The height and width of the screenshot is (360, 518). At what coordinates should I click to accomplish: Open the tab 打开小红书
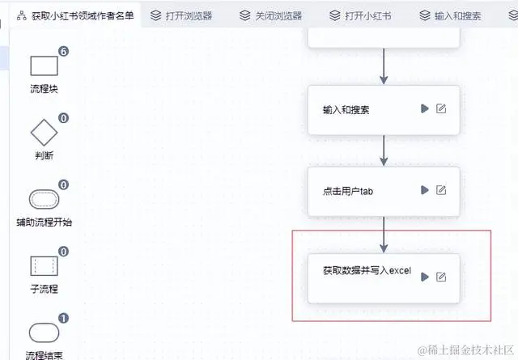pyautogui.click(x=365, y=15)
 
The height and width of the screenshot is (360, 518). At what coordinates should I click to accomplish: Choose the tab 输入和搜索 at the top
pyautogui.click(x=456, y=15)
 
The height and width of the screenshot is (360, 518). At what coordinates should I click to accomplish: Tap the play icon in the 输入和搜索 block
pyautogui.click(x=424, y=108)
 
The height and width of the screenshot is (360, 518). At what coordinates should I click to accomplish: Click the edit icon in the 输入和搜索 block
pyautogui.click(x=441, y=108)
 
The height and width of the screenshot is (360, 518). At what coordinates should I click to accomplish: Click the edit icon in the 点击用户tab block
pyautogui.click(x=441, y=190)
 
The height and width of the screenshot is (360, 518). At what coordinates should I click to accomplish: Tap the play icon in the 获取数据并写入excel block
pyautogui.click(x=424, y=277)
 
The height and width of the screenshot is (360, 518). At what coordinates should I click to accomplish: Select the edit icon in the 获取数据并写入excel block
pyautogui.click(x=441, y=277)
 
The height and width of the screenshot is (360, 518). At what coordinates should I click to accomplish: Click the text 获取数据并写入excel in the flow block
pyautogui.click(x=357, y=271)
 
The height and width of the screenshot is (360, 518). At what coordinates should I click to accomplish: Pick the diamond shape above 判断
pyautogui.click(x=44, y=132)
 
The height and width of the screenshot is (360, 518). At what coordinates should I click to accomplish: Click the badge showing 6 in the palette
pyautogui.click(x=63, y=51)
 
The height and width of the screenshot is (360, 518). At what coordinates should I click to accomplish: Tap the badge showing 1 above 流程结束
pyautogui.click(x=63, y=319)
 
